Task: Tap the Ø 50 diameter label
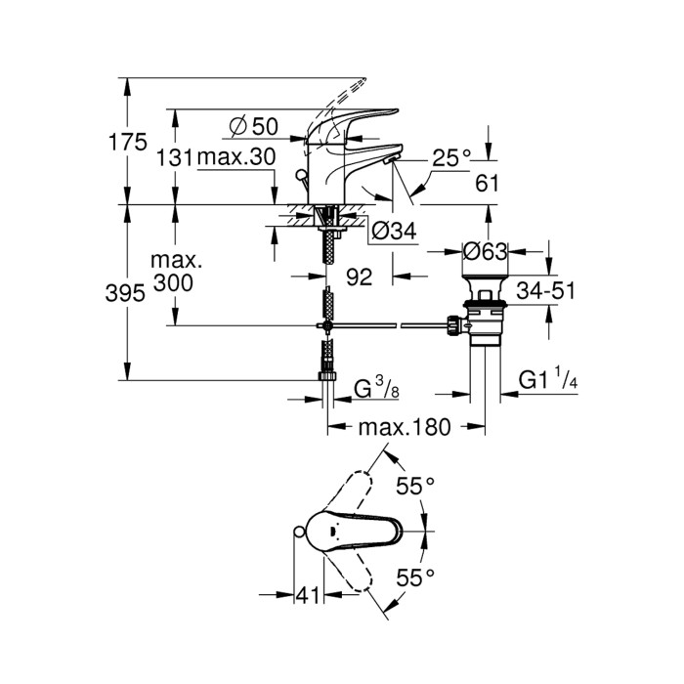(x=253, y=127)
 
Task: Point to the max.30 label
(x=236, y=157)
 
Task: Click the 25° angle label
(x=452, y=155)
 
